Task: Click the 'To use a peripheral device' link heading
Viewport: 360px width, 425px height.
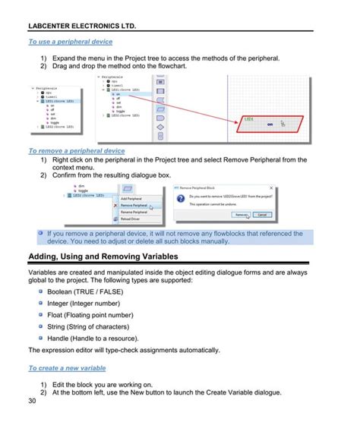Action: tap(70, 42)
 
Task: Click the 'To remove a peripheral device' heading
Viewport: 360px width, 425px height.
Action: tap(76, 151)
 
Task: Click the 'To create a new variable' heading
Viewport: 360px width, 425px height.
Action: tap(67, 368)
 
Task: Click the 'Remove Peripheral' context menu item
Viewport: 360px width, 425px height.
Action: tap(134, 205)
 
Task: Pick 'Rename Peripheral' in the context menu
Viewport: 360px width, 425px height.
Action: tap(135, 212)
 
